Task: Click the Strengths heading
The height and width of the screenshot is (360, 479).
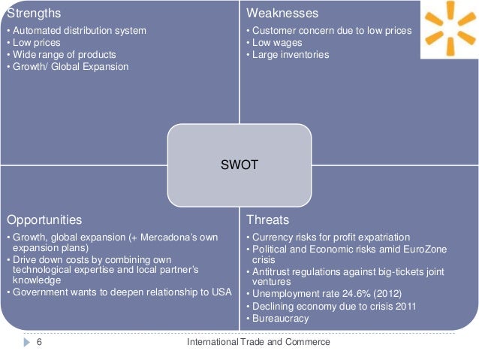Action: coord(34,14)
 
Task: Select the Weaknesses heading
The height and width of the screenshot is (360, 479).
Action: coord(282,14)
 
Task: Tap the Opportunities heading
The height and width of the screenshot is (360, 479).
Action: coord(44,220)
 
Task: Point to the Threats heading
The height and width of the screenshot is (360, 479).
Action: coord(267,220)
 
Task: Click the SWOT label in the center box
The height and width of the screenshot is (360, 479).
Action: coord(239,165)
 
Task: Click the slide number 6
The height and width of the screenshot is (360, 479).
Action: coord(38,342)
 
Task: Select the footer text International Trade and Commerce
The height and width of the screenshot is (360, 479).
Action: coord(258,342)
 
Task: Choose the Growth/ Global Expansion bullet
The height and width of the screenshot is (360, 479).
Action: coord(69,67)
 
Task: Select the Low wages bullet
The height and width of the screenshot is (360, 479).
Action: coord(277,43)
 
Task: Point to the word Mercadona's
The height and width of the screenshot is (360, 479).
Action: coord(185,237)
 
